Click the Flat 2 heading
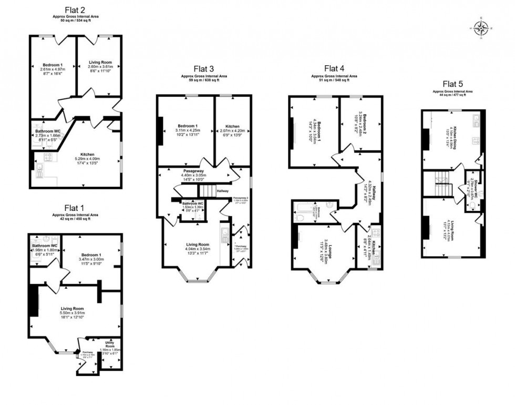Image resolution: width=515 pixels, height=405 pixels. (x=77, y=9)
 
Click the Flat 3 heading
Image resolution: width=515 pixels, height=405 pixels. (x=203, y=68)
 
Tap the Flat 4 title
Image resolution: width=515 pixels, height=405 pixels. (x=334, y=68)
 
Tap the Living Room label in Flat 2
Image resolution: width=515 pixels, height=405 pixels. (x=100, y=62)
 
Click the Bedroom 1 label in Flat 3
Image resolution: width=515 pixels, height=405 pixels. (x=187, y=126)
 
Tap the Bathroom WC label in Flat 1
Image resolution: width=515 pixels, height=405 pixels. (x=44, y=246)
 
